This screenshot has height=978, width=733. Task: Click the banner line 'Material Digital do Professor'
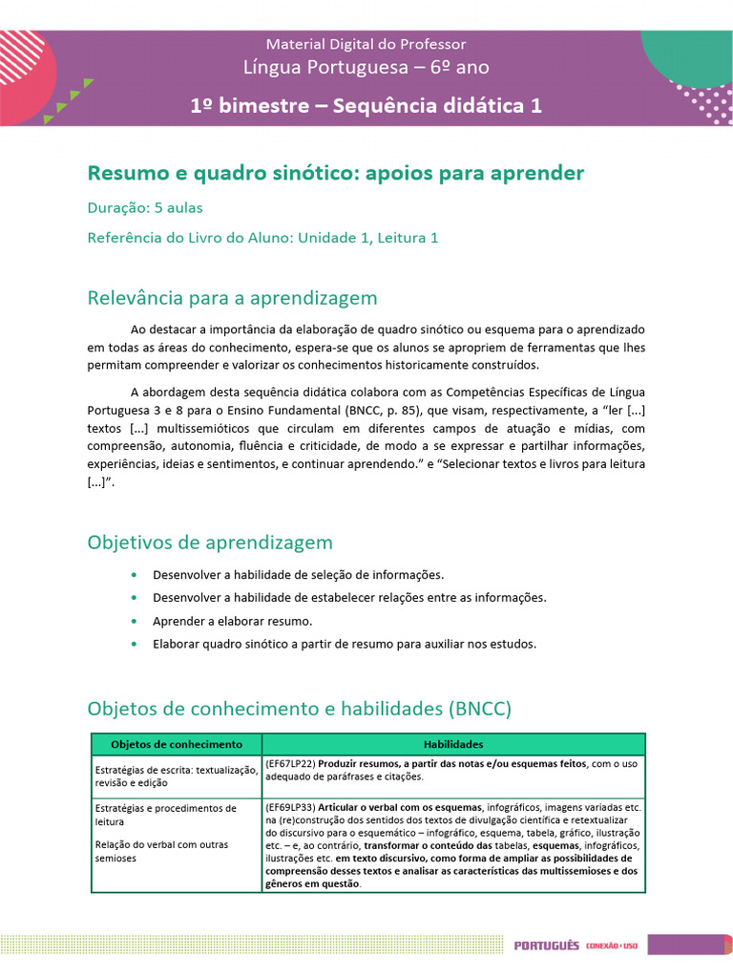point(366,44)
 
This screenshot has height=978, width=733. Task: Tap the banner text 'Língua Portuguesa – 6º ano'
point(366,67)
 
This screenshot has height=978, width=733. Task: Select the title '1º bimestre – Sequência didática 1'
point(366,105)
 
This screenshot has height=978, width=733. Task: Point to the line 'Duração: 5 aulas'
point(144,207)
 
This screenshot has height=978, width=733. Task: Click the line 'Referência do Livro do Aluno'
point(262,238)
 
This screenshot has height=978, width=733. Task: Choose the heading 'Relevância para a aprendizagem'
point(232,298)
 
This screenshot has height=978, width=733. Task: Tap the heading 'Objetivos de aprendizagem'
point(210,542)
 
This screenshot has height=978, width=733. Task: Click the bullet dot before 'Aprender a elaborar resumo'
point(133,621)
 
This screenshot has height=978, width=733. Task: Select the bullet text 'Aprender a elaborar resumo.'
point(232,621)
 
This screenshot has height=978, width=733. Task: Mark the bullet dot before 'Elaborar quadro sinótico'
point(133,644)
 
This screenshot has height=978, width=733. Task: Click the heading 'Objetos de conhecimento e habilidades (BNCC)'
point(300,709)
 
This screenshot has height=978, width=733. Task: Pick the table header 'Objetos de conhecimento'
point(177,744)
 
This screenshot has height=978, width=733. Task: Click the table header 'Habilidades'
point(453,744)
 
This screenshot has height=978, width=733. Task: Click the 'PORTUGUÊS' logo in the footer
point(546,946)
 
